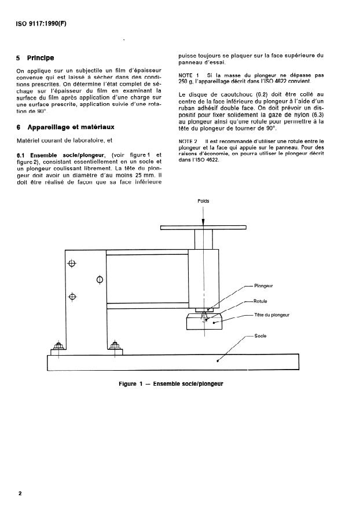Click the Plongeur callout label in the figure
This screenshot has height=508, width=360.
264,286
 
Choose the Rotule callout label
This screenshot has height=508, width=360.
260,301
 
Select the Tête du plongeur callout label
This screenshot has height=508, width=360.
271,315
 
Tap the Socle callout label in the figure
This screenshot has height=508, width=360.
260,336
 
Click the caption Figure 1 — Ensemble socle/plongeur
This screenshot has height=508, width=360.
171,383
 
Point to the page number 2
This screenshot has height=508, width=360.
20,493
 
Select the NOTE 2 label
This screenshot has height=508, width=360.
189,141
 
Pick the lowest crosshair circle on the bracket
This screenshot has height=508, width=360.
72,297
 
